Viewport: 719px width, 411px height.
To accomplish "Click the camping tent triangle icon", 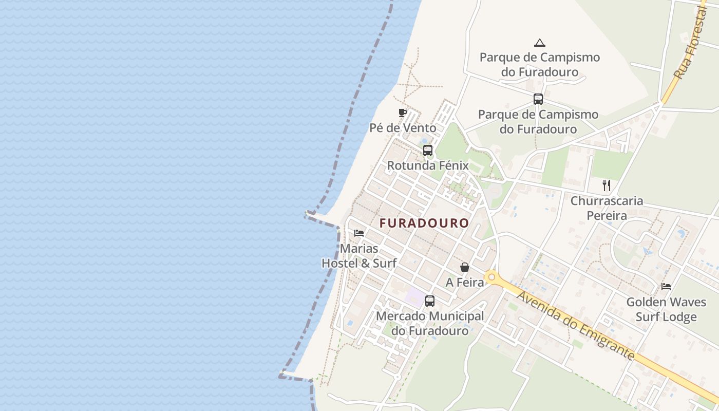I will pos(539,43).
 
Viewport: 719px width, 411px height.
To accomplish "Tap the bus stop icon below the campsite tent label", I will pos(538,99).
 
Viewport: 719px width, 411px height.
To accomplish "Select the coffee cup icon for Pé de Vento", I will pos(403,113).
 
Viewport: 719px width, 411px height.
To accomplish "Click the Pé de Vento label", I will pos(403,128).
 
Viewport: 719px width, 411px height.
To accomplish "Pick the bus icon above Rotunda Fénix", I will pos(428,151).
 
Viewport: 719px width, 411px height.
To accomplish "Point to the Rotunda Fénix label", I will pos(428,165).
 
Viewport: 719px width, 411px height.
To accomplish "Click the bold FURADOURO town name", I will pos(424,223).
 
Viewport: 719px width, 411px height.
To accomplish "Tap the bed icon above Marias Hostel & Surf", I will pos(359,233).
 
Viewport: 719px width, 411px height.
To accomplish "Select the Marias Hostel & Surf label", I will pos(359,256).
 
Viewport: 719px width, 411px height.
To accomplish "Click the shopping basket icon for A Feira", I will pos(464,267).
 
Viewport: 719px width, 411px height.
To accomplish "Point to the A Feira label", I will pos(464,282).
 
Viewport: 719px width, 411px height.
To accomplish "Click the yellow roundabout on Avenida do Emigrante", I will pos(492,277).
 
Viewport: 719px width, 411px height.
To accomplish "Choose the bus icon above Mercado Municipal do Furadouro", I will pos(430,301).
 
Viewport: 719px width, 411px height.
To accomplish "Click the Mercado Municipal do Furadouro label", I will pos(430,323).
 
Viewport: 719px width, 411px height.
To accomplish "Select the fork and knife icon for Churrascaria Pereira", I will pos(607,185).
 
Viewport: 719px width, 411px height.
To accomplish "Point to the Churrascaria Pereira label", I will pos(607,208).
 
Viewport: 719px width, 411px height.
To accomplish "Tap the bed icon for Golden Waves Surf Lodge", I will pos(666,287).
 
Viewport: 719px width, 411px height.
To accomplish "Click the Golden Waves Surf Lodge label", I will pos(666,309).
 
